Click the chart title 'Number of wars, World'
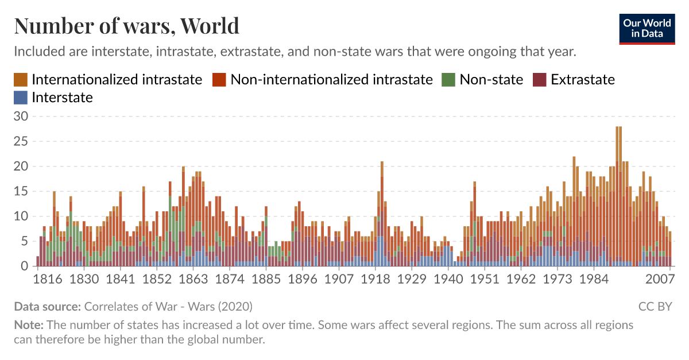126,26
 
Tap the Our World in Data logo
647,27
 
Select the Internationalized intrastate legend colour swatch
20,79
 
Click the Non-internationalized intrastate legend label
331,79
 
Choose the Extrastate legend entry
582,79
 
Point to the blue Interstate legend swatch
20,98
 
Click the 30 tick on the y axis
21,116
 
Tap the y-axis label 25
21,141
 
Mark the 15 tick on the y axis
21,191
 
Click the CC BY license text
655,307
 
